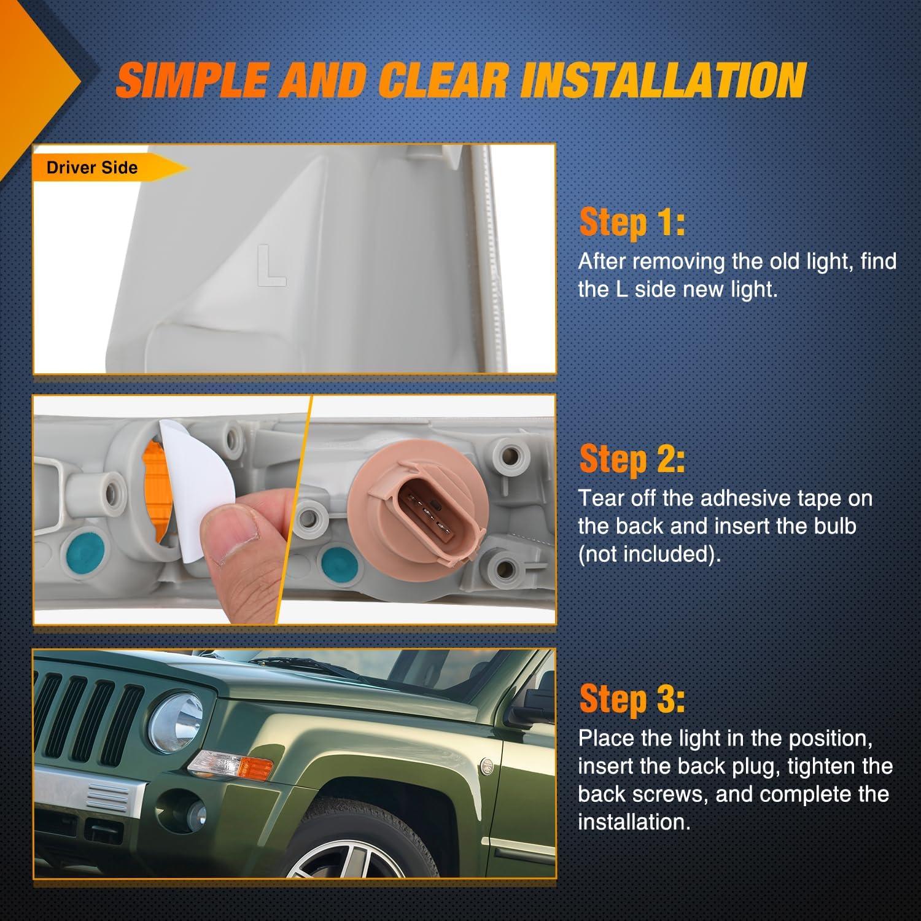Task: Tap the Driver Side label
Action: (x=92, y=168)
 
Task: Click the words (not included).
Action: (x=650, y=554)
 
